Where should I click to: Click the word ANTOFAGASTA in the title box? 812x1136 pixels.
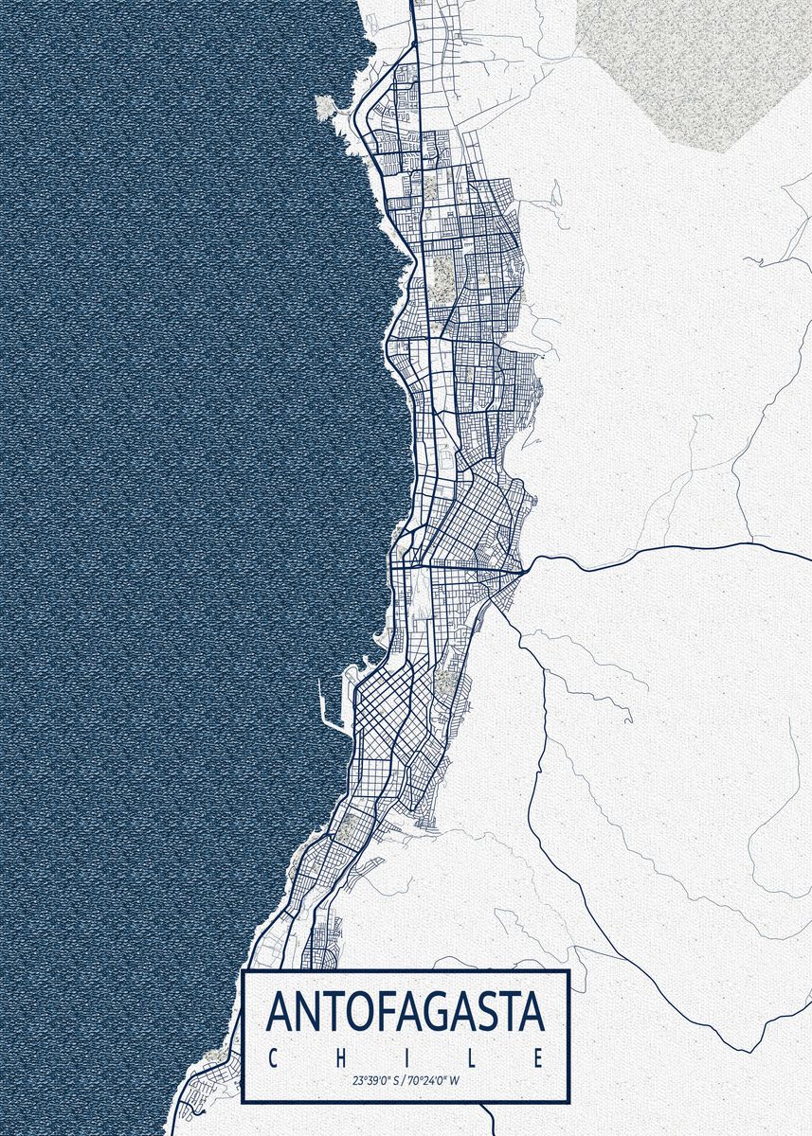tap(406, 1011)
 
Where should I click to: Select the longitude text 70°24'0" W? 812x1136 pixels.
tap(435, 1079)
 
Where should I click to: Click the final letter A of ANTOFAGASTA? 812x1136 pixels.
tap(531, 1011)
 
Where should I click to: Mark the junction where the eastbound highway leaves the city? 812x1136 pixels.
tap(524, 573)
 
